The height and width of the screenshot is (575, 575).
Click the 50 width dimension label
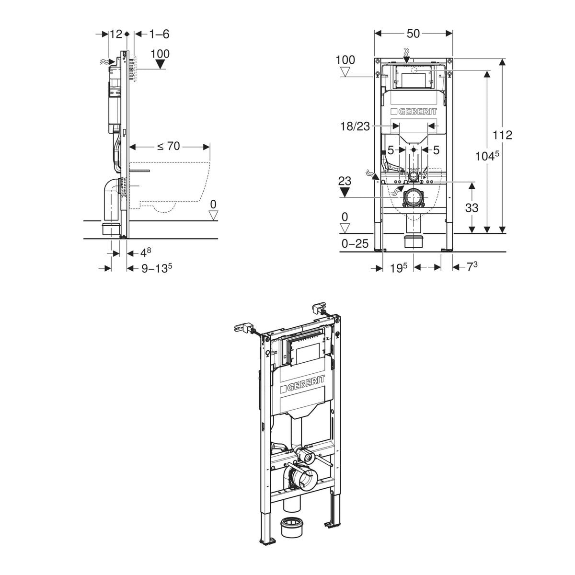pos(413,34)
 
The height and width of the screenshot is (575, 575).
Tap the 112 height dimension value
pos(502,135)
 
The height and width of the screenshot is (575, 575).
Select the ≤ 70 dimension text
pos(169,146)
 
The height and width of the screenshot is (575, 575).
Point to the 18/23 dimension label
pos(355,126)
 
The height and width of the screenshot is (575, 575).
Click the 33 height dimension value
pos(471,207)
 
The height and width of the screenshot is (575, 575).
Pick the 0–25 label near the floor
pos(355,244)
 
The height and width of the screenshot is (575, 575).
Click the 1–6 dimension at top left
pos(159,34)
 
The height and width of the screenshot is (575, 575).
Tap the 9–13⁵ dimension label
pos(157,268)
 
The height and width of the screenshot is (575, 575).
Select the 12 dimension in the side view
pos(116,34)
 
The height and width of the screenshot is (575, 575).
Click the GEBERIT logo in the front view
pos(414,112)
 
